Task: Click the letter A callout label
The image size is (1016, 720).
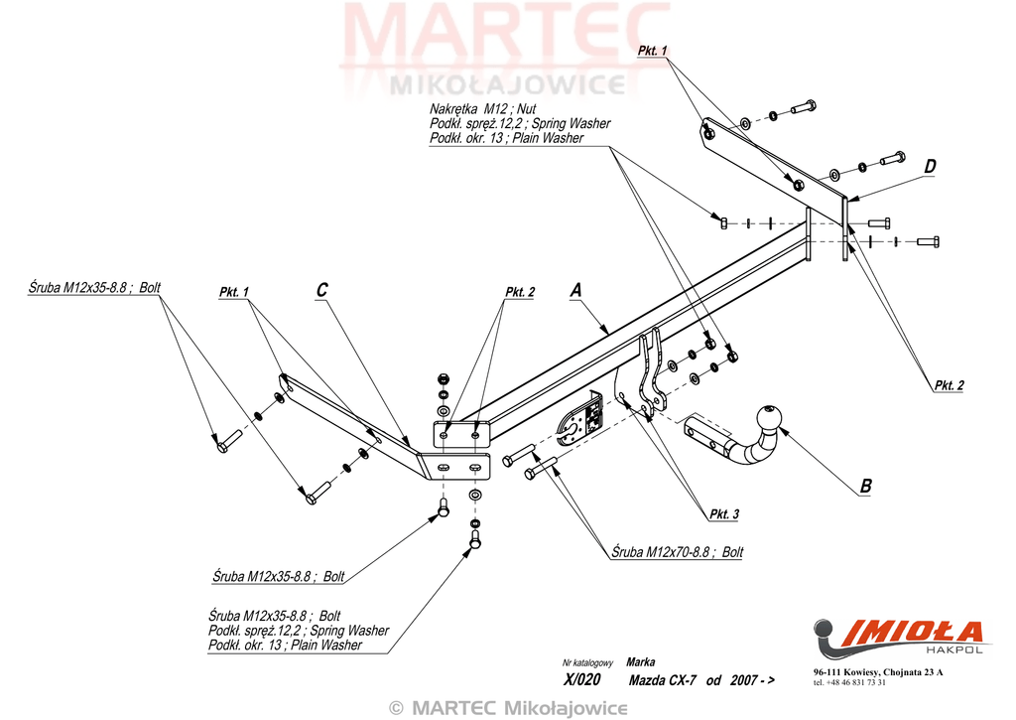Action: coord(575,290)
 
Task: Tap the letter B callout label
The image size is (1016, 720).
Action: coord(865,486)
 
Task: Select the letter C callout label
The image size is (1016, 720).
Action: coord(321,290)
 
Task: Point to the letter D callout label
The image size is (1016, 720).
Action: coord(930,167)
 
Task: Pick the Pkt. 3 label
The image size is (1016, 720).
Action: coord(723,513)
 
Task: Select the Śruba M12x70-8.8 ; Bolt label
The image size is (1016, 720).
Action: coord(677,551)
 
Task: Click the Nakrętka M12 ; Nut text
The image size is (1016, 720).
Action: coord(481,108)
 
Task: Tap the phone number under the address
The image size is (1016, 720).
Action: coord(849,683)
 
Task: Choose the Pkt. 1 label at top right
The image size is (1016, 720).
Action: coord(653,50)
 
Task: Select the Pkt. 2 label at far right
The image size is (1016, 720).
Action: coord(948,385)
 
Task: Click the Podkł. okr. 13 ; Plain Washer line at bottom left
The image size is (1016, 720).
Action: coord(285,646)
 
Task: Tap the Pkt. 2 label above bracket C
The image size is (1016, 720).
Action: coord(520,292)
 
